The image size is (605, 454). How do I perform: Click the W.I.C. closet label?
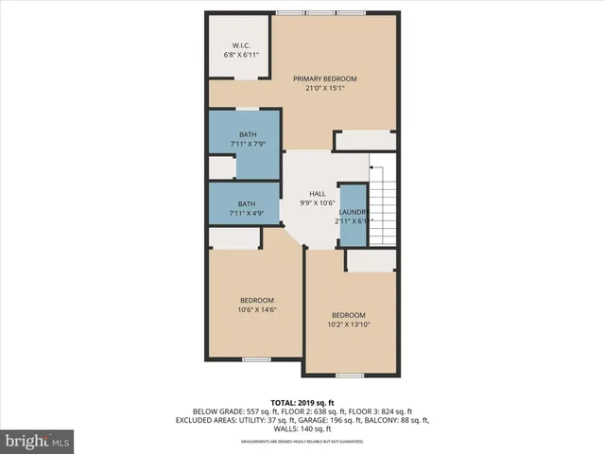point(240,45)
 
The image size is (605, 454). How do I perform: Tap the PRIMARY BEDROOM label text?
point(325,79)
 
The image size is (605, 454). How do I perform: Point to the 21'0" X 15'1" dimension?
point(325,89)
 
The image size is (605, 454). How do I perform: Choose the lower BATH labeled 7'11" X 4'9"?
point(247,208)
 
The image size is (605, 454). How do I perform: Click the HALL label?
point(317,194)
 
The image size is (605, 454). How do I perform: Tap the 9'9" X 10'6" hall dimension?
point(317,203)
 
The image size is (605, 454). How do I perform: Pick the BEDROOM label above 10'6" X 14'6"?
point(256,300)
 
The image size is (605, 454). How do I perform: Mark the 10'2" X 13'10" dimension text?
point(349,324)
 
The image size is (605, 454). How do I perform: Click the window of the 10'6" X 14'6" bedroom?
point(256,359)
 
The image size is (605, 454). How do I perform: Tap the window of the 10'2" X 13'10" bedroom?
point(349,375)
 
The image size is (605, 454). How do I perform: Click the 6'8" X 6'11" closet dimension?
point(240,55)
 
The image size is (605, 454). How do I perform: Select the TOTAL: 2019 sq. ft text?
point(302,401)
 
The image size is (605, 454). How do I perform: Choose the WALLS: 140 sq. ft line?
point(302,429)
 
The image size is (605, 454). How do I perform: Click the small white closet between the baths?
point(221,167)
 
